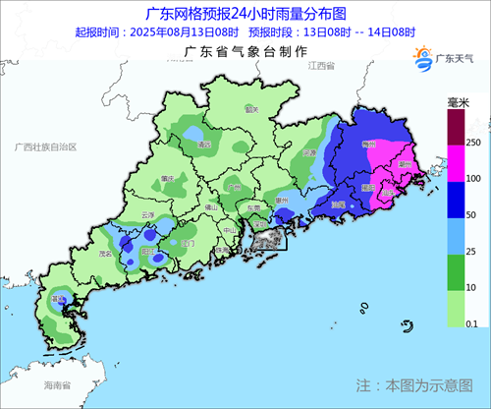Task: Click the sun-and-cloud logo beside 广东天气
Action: pos(423,61)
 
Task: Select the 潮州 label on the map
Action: pos(403,164)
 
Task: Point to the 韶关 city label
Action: pos(251,109)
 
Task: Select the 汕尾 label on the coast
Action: pos(337,204)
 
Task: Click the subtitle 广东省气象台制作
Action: pos(240,50)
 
